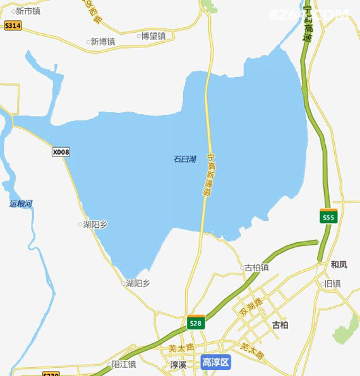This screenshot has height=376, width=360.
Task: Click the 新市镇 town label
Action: [28, 11]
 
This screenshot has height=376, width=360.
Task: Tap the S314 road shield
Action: [13, 25]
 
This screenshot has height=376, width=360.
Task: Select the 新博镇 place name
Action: [102, 42]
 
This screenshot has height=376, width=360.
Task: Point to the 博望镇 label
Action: [153, 36]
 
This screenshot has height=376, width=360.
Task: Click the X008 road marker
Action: [61, 152]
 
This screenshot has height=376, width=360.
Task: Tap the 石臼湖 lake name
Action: [184, 159]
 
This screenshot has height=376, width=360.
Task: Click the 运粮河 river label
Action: [21, 204]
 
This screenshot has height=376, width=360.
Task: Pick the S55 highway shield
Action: [328, 217]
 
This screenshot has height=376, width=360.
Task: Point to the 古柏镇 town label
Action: [256, 267]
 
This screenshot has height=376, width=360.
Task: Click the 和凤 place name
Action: [339, 264]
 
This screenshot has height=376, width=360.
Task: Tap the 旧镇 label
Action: [332, 284]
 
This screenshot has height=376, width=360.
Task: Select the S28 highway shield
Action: [196, 323]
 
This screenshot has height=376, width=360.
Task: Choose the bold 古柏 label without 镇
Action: [280, 326]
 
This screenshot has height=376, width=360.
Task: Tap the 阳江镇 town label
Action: [124, 364]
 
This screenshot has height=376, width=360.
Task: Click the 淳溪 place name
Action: [179, 365]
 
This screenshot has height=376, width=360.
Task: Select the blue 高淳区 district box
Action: [216, 362]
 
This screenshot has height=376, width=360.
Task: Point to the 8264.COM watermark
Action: [308, 14]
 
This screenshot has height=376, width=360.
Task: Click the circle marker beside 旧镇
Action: [321, 284]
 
